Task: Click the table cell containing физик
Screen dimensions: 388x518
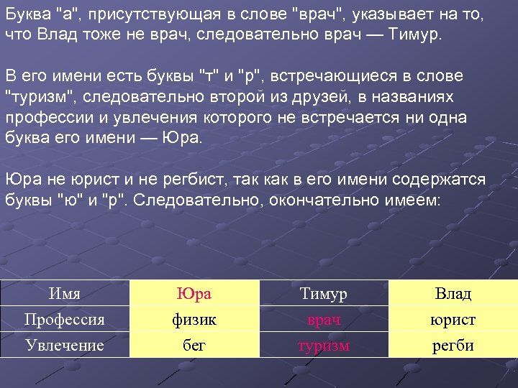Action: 194,320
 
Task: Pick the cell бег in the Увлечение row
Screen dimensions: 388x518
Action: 194,345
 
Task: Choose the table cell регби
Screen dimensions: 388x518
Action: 453,345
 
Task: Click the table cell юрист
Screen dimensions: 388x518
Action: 453,320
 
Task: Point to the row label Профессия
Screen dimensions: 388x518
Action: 64,320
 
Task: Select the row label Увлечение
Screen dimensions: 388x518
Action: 64,345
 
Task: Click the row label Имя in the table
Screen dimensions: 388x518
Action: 64,294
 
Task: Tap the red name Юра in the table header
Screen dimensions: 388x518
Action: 194,294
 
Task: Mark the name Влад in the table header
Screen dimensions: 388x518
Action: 453,294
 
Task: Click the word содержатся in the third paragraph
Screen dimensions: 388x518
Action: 444,179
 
